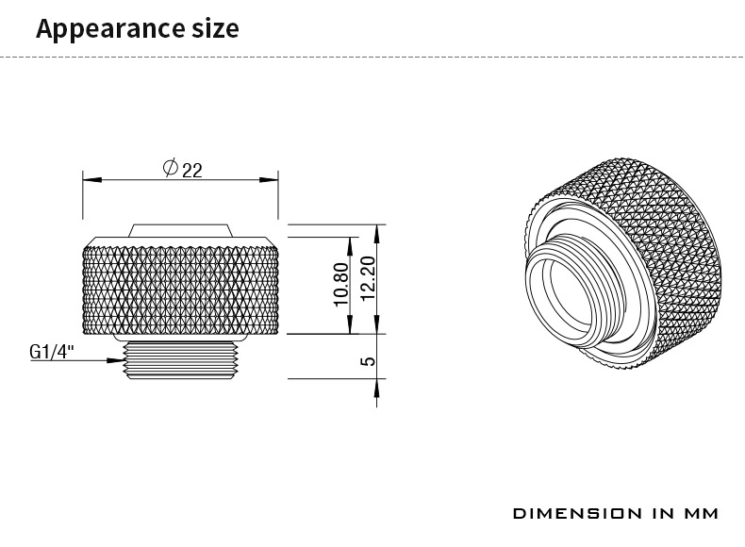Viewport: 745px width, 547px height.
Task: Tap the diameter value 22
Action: (x=192, y=169)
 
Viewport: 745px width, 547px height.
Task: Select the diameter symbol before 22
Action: (x=171, y=168)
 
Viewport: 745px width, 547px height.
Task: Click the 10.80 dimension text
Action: (x=341, y=283)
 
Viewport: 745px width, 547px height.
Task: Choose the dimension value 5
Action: (x=368, y=359)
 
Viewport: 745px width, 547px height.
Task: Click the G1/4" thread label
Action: (x=52, y=352)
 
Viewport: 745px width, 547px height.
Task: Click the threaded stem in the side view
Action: (x=179, y=360)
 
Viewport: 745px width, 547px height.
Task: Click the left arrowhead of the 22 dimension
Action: (x=87, y=177)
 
